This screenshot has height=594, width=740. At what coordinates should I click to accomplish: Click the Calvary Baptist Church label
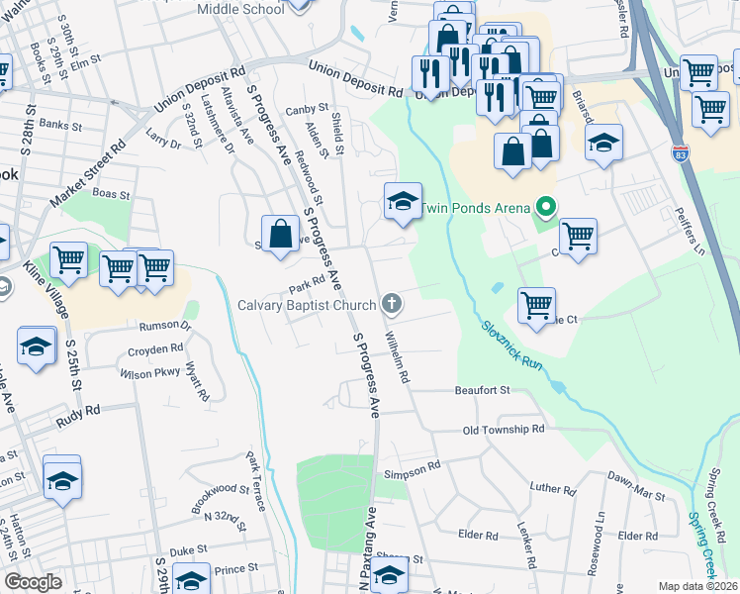click(307, 304)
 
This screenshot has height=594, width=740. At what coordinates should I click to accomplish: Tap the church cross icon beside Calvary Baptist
click(393, 303)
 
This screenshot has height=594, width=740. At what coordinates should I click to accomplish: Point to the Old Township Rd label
click(504, 430)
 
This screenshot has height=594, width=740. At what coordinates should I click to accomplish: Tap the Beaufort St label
click(482, 390)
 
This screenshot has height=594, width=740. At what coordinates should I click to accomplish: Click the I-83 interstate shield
click(679, 154)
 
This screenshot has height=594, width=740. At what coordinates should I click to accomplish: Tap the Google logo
click(34, 582)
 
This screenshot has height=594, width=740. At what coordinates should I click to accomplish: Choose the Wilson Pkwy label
click(149, 374)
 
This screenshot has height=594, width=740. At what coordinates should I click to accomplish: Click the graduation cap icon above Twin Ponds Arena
click(403, 201)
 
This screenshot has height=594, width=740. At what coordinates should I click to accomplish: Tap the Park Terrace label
click(256, 482)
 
